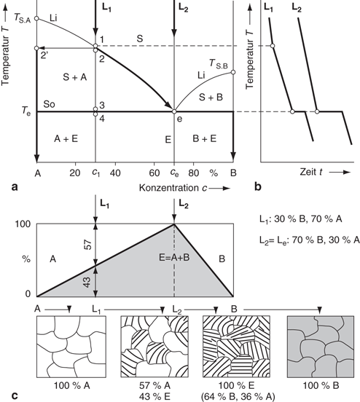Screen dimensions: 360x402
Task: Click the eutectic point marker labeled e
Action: tap(174, 111)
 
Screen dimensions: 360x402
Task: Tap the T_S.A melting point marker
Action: tap(36, 18)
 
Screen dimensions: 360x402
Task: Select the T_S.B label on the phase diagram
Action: tap(219, 63)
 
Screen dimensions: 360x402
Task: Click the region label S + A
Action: tap(75, 77)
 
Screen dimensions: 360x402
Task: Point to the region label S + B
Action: tap(211, 97)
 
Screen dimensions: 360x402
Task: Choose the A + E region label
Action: tap(66, 138)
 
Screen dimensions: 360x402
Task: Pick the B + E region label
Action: tap(205, 138)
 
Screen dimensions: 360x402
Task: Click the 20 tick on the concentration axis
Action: tap(74, 173)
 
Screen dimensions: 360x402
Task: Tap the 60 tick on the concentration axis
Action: tap(154, 173)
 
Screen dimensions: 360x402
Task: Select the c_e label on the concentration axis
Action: tap(174, 173)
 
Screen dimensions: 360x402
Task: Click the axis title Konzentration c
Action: tap(173, 188)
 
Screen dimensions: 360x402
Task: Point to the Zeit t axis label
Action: tap(311, 172)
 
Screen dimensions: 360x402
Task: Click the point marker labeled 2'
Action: tap(36, 48)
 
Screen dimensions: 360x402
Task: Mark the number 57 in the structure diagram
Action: tap(87, 245)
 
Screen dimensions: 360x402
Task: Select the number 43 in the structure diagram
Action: tap(87, 282)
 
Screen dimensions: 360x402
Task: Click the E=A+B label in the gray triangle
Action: tap(174, 257)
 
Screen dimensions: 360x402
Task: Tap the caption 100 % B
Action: tap(321, 385)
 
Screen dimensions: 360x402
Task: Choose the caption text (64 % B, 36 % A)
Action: tap(238, 396)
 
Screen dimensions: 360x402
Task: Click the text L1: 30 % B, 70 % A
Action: tap(300, 219)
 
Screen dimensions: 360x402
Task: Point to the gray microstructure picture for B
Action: tap(321, 347)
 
